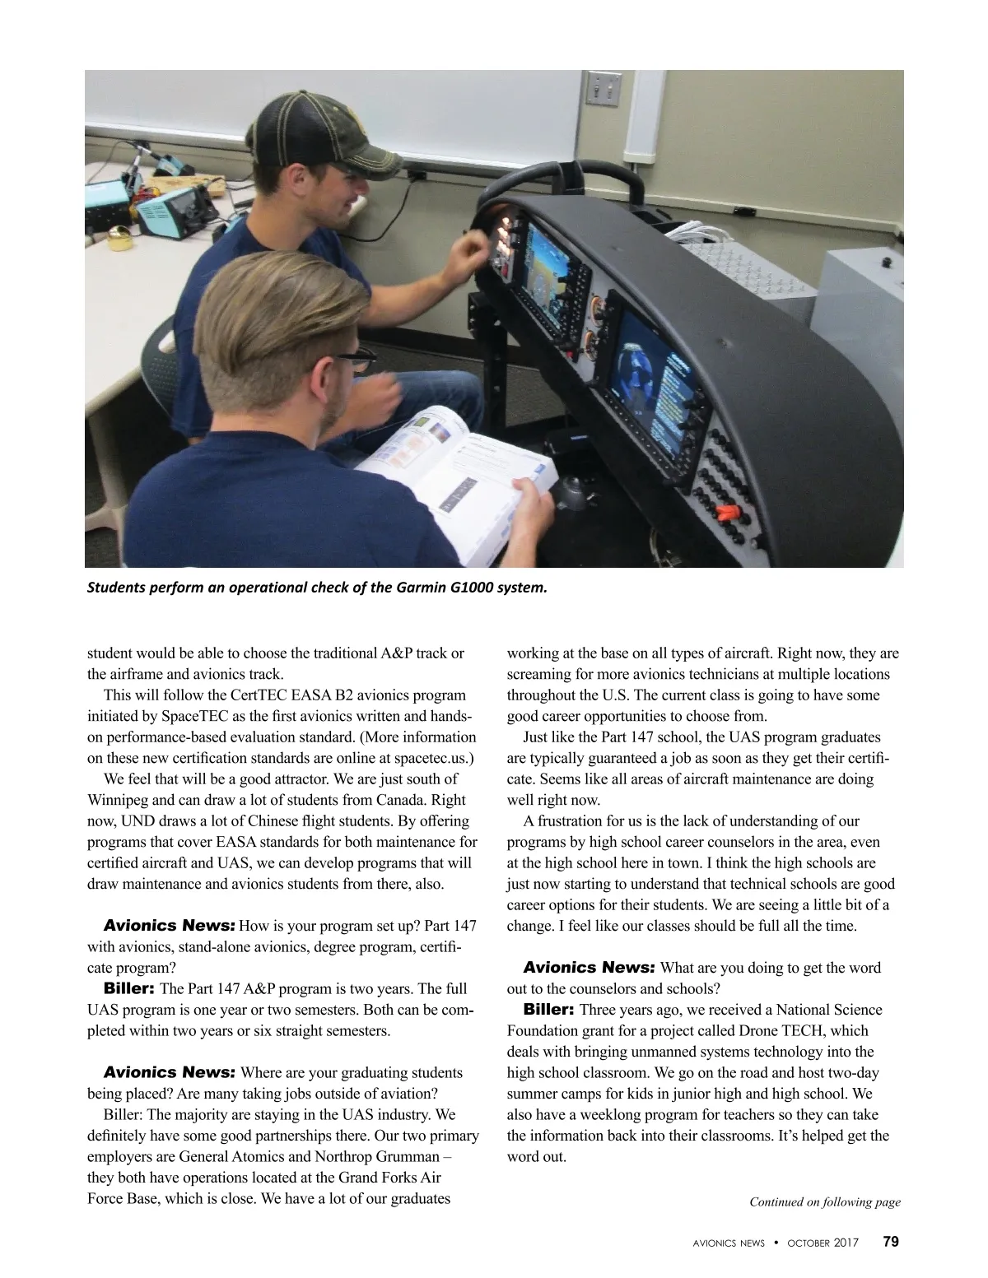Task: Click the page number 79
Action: pos(890,1242)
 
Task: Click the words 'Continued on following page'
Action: pos(824,1202)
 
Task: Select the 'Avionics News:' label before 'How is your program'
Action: pos(170,904)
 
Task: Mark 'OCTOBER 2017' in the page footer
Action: pos(823,1243)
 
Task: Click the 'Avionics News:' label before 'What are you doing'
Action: pos(589,967)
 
